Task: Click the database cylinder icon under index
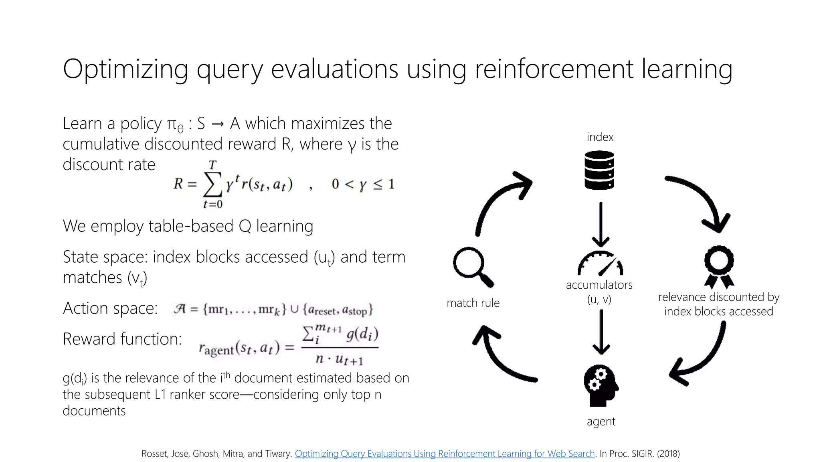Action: coord(599,170)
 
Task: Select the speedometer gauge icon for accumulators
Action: coord(600,263)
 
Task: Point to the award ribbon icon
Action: coord(719,267)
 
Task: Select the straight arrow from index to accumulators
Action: coord(601,225)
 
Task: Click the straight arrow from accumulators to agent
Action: coord(601,332)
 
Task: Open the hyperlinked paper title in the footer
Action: coord(445,454)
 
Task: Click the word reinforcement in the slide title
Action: coord(553,69)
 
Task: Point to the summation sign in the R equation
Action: coord(212,184)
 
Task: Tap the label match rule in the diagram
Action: coord(473,303)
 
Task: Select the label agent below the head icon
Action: coord(601,421)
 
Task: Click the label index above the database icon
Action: coord(600,137)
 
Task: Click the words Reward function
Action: coord(122,339)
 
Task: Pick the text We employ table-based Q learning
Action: coord(188,226)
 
